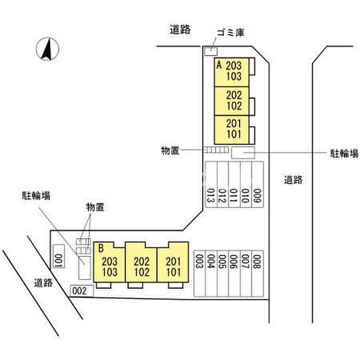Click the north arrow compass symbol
pyautogui.click(x=47, y=50)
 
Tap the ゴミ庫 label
pyautogui.click(x=230, y=33)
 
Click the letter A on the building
pyautogui.click(x=219, y=65)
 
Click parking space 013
pyautogui.click(x=210, y=184)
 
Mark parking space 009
pyautogui.click(x=257, y=184)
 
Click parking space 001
pyautogui.click(x=58, y=256)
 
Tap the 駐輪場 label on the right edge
pyautogui.click(x=344, y=153)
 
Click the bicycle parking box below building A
pyautogui.click(x=243, y=152)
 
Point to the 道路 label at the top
pyautogui.click(x=180, y=30)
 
